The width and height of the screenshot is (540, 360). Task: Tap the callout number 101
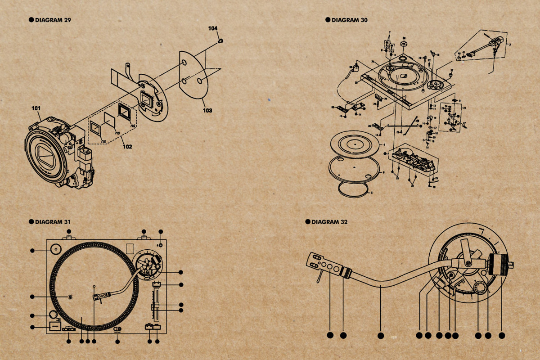tap(36, 108)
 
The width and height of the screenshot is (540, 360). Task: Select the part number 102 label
tap(127, 147)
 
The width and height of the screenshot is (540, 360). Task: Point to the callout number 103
tap(207, 110)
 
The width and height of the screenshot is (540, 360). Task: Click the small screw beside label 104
tap(221, 41)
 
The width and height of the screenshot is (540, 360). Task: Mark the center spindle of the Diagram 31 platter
tap(94, 286)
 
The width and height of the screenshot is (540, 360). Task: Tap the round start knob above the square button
tap(53, 314)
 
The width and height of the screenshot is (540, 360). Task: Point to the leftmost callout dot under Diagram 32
tap(330, 335)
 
